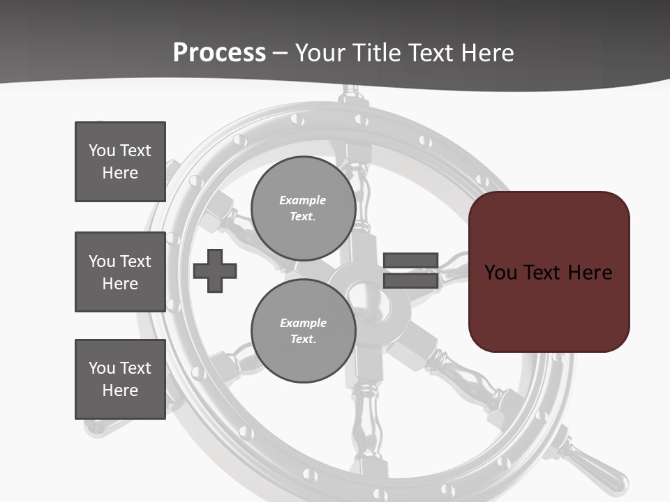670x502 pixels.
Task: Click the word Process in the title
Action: [219, 53]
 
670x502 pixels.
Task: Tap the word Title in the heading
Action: [374, 53]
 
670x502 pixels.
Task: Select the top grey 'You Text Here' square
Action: [120, 162]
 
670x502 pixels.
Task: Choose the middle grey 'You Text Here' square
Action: [120, 272]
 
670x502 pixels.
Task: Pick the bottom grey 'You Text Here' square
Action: [120, 379]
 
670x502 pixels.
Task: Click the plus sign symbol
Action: [215, 271]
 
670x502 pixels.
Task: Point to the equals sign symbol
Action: [410, 271]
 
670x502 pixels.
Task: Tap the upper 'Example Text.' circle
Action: [303, 208]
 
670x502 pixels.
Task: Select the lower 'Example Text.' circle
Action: [303, 331]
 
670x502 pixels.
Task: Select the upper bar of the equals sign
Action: [410, 261]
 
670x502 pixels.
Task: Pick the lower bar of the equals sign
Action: [410, 280]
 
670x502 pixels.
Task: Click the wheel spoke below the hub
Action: [366, 418]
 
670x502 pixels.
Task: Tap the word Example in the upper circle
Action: [302, 201]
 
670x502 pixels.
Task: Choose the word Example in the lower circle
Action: [303, 324]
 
